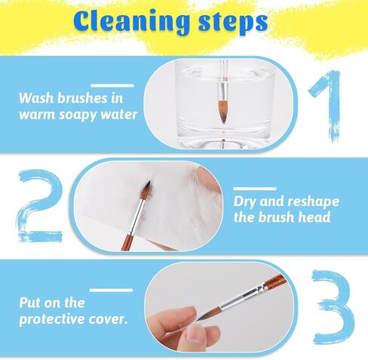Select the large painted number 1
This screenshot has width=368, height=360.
click(326, 106)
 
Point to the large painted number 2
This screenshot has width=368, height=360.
click(40, 206)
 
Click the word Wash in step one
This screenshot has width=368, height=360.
click(36, 98)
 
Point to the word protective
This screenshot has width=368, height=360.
click(52, 319)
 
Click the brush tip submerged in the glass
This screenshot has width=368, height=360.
click(223, 112)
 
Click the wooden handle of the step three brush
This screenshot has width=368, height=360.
click(274, 281)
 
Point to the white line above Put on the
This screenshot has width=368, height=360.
click(111, 291)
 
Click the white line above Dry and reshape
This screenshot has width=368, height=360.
click(255, 189)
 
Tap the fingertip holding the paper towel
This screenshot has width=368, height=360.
click(210, 180)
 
